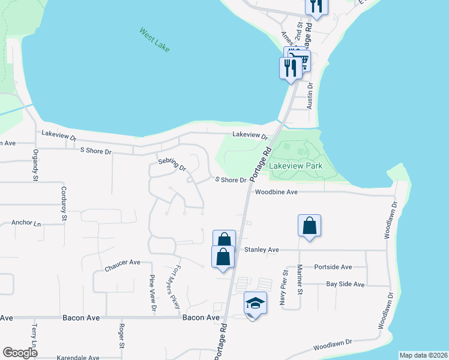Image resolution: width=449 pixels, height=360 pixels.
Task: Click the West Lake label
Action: (x=154, y=39)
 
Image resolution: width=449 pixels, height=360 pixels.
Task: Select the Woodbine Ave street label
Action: (x=276, y=193)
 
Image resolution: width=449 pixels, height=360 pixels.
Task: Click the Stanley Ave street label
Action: (x=261, y=250)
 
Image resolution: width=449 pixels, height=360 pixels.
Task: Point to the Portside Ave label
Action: (x=333, y=267)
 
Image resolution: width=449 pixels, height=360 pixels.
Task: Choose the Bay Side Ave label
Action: (x=345, y=284)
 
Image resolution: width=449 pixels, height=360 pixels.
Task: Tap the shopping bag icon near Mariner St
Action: (x=309, y=226)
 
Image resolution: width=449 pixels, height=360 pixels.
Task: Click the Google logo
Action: (x=20, y=353)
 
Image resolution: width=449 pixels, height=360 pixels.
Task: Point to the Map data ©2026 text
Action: (x=423, y=355)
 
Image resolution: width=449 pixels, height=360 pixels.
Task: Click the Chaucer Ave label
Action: (x=122, y=263)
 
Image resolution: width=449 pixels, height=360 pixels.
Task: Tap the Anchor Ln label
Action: (x=26, y=223)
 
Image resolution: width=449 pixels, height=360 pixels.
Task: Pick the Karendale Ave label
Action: (x=78, y=358)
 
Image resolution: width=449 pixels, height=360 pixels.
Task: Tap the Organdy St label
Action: (x=35, y=165)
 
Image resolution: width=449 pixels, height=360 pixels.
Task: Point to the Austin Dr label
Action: (x=310, y=94)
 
